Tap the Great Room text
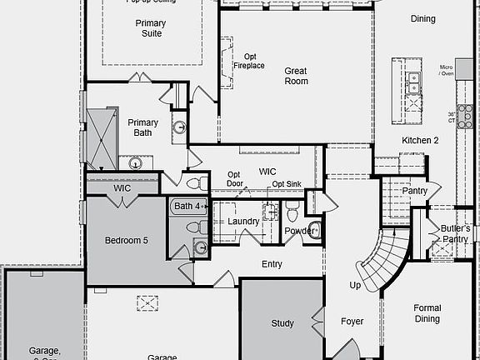[x=296, y=76]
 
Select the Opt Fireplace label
[x=248, y=61]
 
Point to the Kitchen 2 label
[x=420, y=140]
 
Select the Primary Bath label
[x=142, y=127]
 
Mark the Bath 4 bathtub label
[x=187, y=206]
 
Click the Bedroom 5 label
[x=126, y=241]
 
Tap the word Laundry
[x=243, y=222]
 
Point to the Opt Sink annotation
[x=286, y=184]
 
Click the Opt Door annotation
[x=235, y=179]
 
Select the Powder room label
[x=299, y=231]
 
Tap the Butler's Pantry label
[x=455, y=233]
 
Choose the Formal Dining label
[x=427, y=313]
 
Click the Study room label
[x=282, y=323]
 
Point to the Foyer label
[x=352, y=321]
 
